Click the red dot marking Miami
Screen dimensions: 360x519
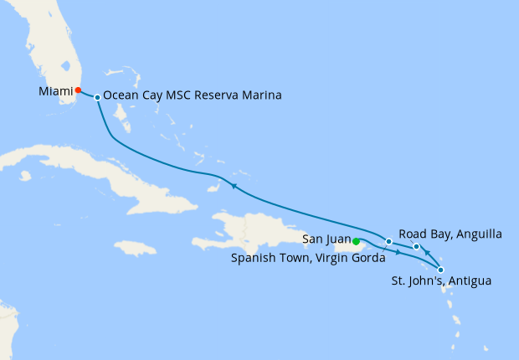[x=78, y=90]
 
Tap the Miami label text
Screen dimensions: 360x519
[x=54, y=90]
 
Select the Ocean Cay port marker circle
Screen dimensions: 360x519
[x=98, y=98]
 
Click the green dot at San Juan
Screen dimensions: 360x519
[x=357, y=242]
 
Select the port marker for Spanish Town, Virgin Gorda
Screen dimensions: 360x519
[x=388, y=242]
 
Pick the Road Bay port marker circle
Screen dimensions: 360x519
[x=417, y=246]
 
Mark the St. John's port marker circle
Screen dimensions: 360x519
[x=441, y=270]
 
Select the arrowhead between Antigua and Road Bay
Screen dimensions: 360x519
[x=426, y=253]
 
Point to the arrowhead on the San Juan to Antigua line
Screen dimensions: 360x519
[x=397, y=251]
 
